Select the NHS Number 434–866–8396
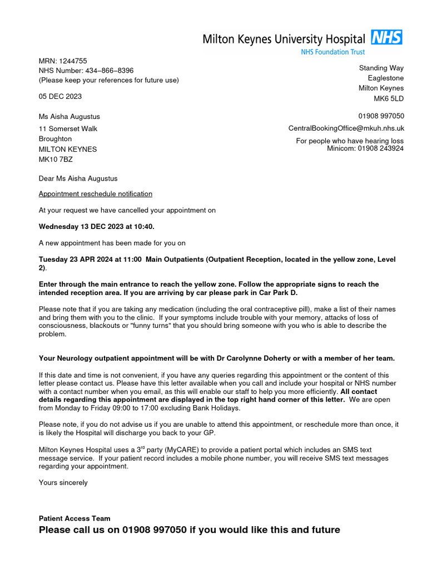[109, 71]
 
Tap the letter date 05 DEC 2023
[60, 96]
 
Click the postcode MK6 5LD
[389, 98]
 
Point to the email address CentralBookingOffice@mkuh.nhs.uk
[346, 128]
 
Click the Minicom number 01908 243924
[380, 148]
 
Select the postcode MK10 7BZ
[56, 159]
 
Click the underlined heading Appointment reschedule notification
[95, 194]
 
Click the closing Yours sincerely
[63, 482]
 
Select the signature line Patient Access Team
[75, 518]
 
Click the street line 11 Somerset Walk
[68, 128]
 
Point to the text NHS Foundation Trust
[333, 52]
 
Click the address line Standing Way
[381, 68]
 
